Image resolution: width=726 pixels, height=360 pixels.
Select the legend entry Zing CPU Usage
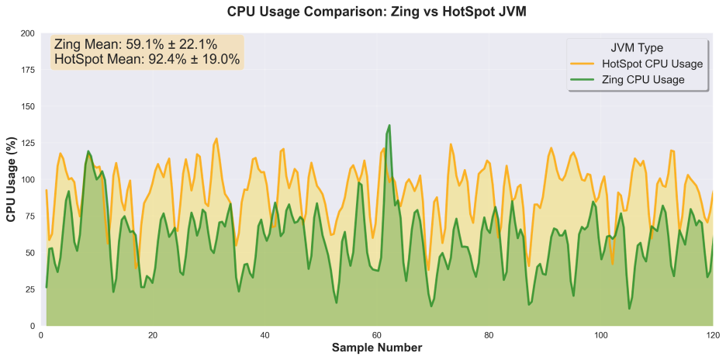(643, 80)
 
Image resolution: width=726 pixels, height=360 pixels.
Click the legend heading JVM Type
(636, 47)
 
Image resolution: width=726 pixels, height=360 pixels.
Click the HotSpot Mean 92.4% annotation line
(147, 59)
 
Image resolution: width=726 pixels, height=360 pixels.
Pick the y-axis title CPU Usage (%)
(12, 180)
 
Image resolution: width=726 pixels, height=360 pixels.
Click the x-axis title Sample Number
(377, 348)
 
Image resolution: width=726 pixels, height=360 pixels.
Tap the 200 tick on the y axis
(27, 34)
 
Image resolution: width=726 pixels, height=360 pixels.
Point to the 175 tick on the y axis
(27, 71)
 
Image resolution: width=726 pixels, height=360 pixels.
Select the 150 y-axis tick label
(27, 107)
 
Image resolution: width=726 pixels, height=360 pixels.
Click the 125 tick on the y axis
(27, 144)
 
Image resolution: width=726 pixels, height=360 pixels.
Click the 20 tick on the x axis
(153, 335)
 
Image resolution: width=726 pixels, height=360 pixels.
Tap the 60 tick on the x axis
(376, 335)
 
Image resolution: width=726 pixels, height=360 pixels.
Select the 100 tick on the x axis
(600, 335)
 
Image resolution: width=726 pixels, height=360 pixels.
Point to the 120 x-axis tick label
(711, 335)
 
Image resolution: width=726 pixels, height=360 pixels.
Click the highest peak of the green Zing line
(389, 126)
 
